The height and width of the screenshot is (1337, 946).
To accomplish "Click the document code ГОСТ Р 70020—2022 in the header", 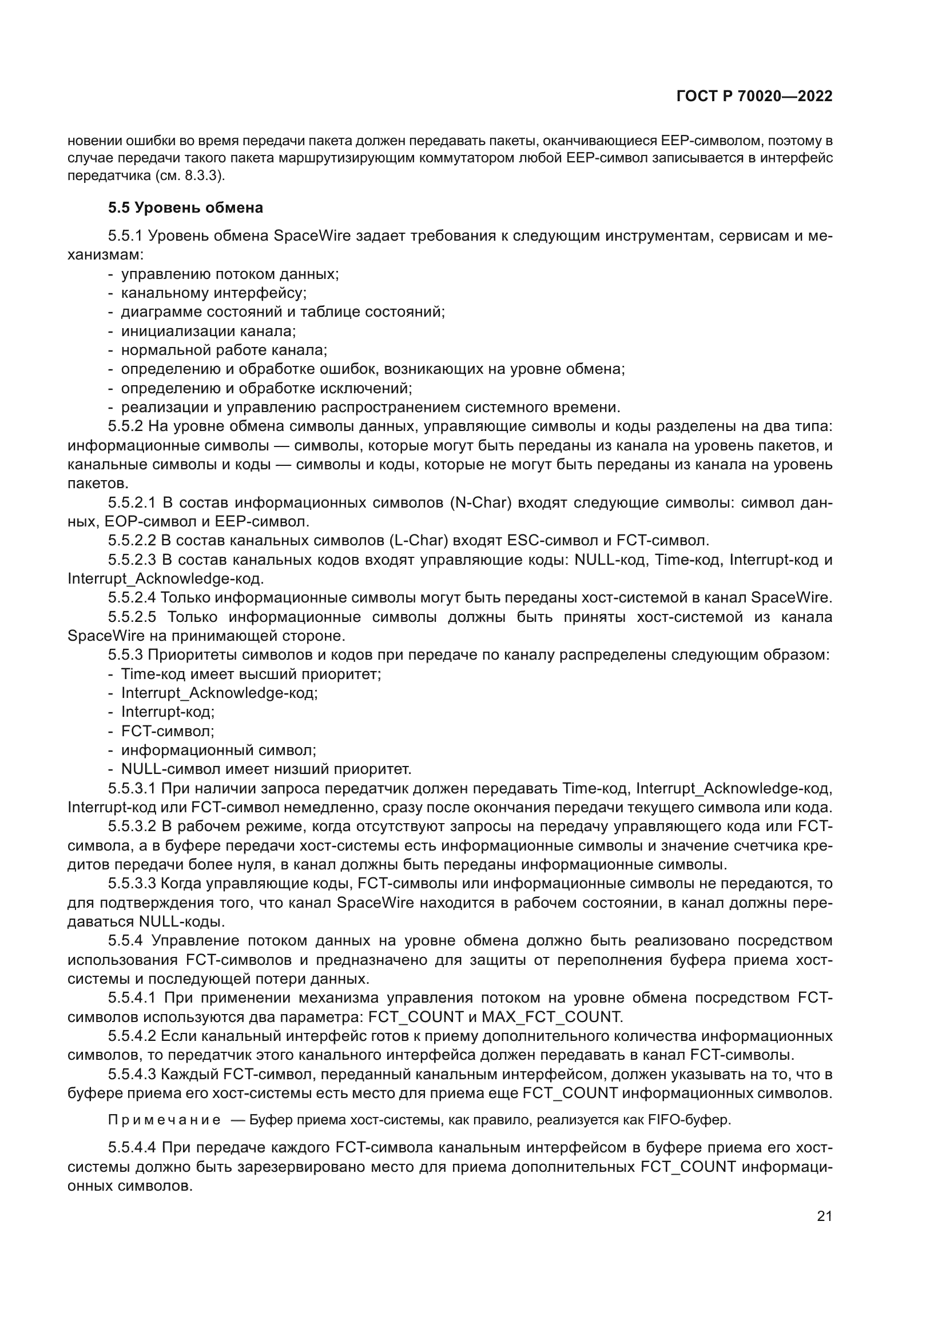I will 754,97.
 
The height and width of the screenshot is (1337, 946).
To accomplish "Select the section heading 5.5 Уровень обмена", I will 185,208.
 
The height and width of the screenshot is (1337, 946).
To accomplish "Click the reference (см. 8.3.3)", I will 189,175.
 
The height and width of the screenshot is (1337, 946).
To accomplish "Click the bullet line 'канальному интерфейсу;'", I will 214,293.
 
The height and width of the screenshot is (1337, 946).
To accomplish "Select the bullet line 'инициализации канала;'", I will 209,332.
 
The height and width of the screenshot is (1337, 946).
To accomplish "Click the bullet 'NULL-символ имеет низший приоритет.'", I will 266,769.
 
